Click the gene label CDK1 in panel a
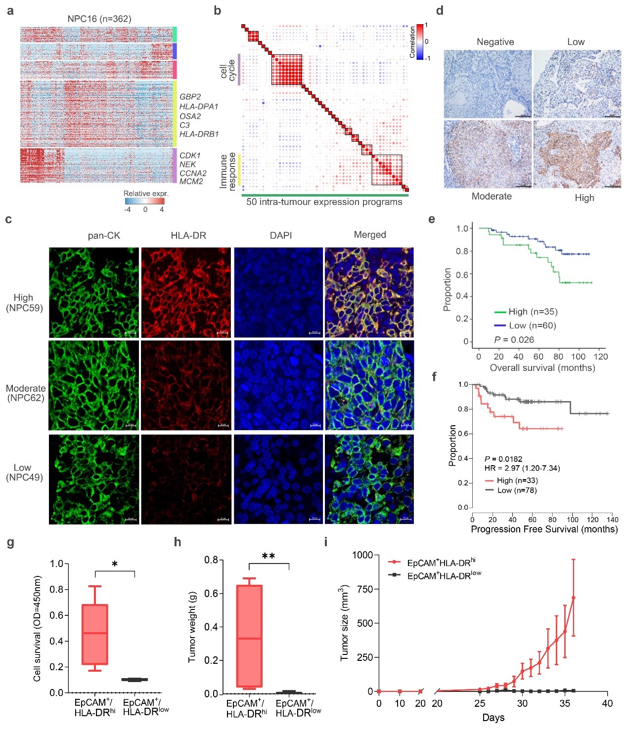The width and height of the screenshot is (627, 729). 190,156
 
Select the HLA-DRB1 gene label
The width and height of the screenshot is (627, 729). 199,134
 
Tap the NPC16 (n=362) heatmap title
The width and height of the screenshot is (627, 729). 99,19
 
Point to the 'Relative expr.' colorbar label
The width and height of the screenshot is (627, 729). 146,194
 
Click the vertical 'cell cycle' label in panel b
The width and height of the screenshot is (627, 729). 227,70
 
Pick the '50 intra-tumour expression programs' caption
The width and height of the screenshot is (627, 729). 324,202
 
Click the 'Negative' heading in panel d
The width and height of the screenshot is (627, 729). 495,42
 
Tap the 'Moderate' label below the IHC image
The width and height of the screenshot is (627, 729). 492,196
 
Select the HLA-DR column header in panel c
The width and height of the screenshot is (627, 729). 188,236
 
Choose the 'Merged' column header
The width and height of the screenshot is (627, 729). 369,235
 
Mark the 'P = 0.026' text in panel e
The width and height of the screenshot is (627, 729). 514,340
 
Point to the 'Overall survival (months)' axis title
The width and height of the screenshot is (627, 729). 542,368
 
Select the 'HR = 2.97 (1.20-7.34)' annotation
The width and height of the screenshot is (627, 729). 522,468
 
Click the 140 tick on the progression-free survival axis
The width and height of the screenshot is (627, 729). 613,519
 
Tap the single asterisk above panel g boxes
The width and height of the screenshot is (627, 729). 115,564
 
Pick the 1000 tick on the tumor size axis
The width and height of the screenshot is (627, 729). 362,555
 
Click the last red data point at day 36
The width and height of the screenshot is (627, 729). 574,598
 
